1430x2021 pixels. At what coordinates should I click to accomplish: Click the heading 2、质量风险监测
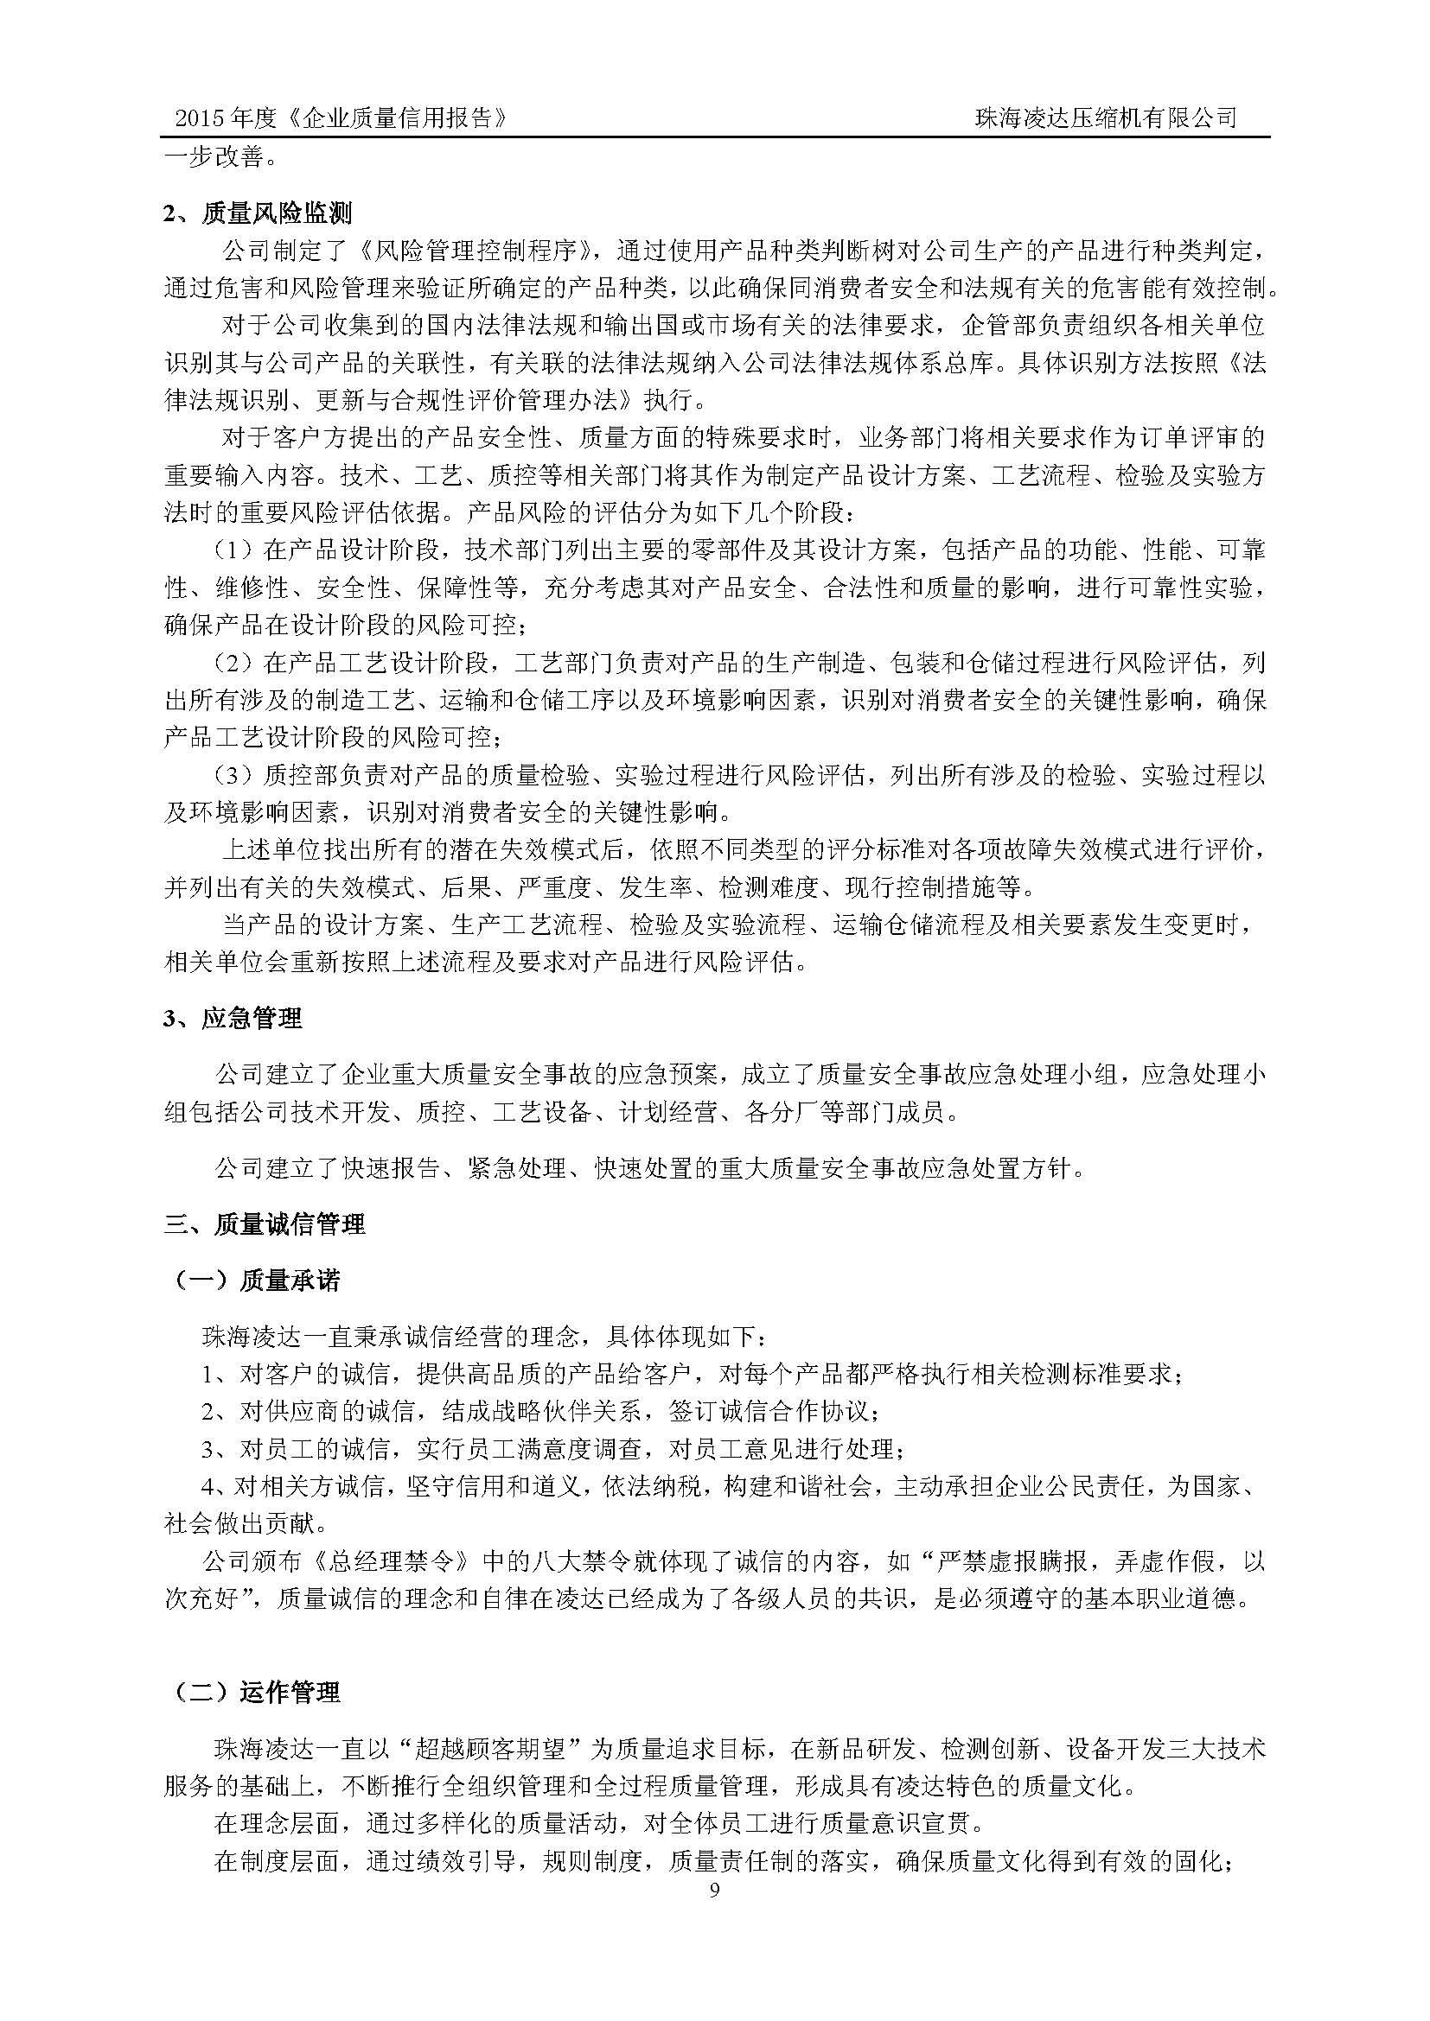[257, 213]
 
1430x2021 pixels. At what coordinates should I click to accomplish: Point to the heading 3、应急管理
[233, 1019]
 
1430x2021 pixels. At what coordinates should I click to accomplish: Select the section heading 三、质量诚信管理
[265, 1224]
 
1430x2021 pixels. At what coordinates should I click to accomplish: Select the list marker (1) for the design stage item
[231, 551]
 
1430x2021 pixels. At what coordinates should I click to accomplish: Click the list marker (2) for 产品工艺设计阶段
[231, 663]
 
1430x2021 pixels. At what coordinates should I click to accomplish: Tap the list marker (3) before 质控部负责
[231, 775]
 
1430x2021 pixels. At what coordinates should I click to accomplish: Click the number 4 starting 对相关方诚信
[208, 1487]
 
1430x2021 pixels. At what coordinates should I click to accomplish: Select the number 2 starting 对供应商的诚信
[208, 1412]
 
